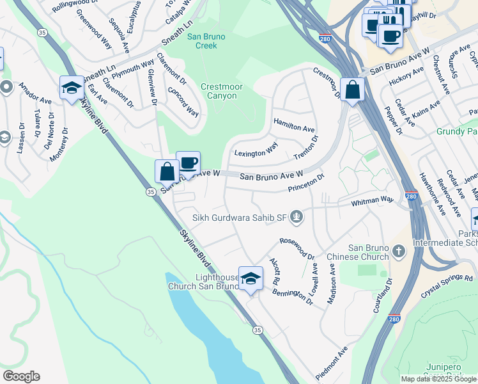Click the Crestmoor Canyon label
pyautogui.click(x=219, y=91)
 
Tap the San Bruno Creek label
pyautogui.click(x=206, y=41)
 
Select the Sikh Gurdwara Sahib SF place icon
pyautogui.click(x=296, y=218)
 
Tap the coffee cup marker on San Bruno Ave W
pyautogui.click(x=188, y=164)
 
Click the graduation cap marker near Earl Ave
pyautogui.click(x=72, y=88)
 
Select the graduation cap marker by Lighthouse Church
pyautogui.click(x=251, y=278)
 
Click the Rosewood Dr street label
pyautogui.click(x=297, y=248)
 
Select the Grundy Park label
pyautogui.click(x=458, y=132)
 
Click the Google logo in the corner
pyautogui.click(x=21, y=376)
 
